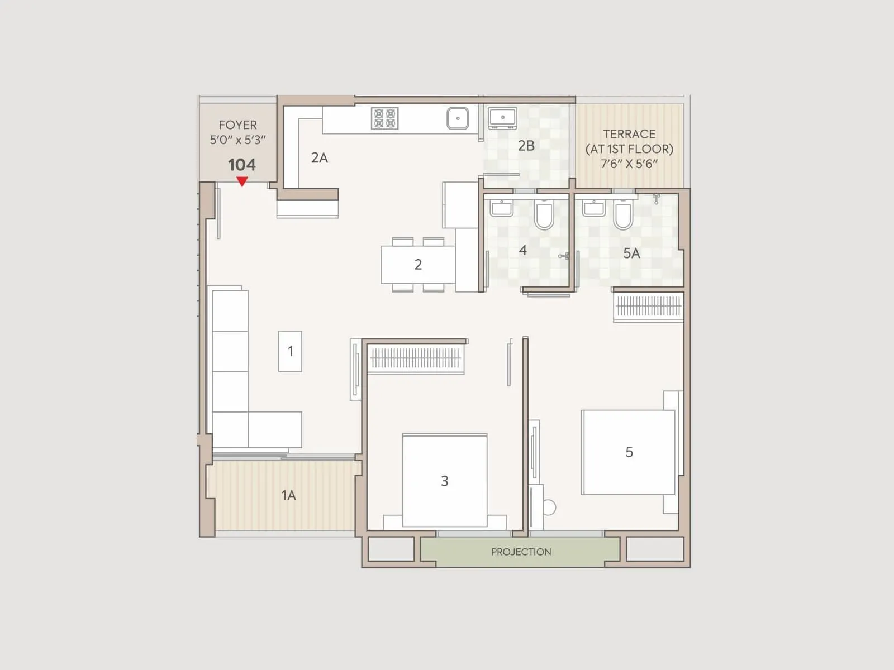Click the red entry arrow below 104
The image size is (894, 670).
tap(242, 181)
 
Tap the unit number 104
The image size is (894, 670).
tap(242, 165)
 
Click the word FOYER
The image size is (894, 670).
tap(238, 125)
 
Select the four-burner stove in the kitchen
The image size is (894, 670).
tap(384, 118)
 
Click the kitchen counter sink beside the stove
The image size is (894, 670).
tap(458, 118)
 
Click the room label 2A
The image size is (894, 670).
tap(320, 158)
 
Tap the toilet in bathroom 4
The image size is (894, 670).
tap(544, 215)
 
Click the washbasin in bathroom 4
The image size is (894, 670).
tap(502, 209)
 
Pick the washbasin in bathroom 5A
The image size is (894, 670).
tap(593, 209)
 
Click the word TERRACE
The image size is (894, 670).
tap(629, 134)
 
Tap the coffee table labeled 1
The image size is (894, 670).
tap(291, 351)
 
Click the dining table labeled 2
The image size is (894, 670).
tap(418, 265)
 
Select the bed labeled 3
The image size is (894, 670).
tap(445, 480)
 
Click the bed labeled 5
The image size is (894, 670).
tap(629, 452)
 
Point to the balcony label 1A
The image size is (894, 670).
tap(288, 495)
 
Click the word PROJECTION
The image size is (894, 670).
tap(521, 552)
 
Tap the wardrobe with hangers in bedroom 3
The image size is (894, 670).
tap(415, 358)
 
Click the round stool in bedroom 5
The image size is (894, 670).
tap(549, 508)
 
